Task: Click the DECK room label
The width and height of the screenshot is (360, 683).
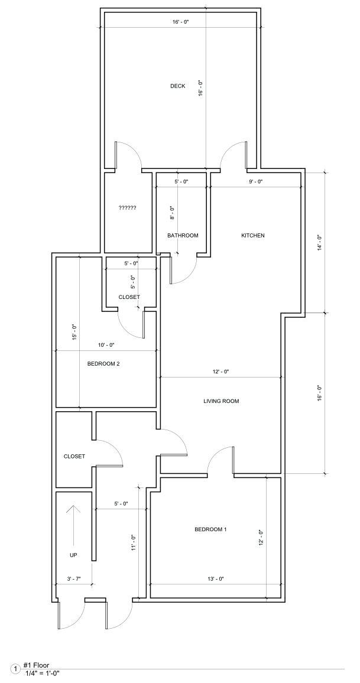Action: coord(177,86)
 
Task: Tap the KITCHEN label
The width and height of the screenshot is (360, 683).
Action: coord(253,235)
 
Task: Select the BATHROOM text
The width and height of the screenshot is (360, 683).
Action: coord(183,235)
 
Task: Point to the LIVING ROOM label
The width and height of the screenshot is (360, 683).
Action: coord(221,401)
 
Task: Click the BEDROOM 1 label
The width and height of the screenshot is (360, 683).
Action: coord(210,529)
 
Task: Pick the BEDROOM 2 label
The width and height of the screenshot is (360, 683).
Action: coord(103,364)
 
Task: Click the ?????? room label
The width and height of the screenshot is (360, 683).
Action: coord(127,208)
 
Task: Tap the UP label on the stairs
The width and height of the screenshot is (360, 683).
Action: coord(73,555)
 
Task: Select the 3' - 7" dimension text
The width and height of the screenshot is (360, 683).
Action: coord(73,579)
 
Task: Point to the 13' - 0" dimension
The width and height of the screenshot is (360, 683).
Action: coord(215,579)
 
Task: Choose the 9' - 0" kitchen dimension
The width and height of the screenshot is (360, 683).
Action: coord(256,181)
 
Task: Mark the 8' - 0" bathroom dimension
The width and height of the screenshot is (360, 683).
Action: coord(171,213)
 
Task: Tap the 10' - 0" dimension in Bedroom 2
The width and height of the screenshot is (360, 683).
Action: coord(106,345)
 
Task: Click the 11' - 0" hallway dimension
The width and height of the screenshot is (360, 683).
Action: coord(134,543)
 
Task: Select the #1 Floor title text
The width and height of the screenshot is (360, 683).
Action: coord(36,665)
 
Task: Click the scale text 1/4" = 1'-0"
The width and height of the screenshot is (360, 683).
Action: coord(43,673)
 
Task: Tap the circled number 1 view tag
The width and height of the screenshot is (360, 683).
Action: coord(16,669)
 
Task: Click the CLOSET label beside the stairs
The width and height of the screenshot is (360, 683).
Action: coord(74,457)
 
